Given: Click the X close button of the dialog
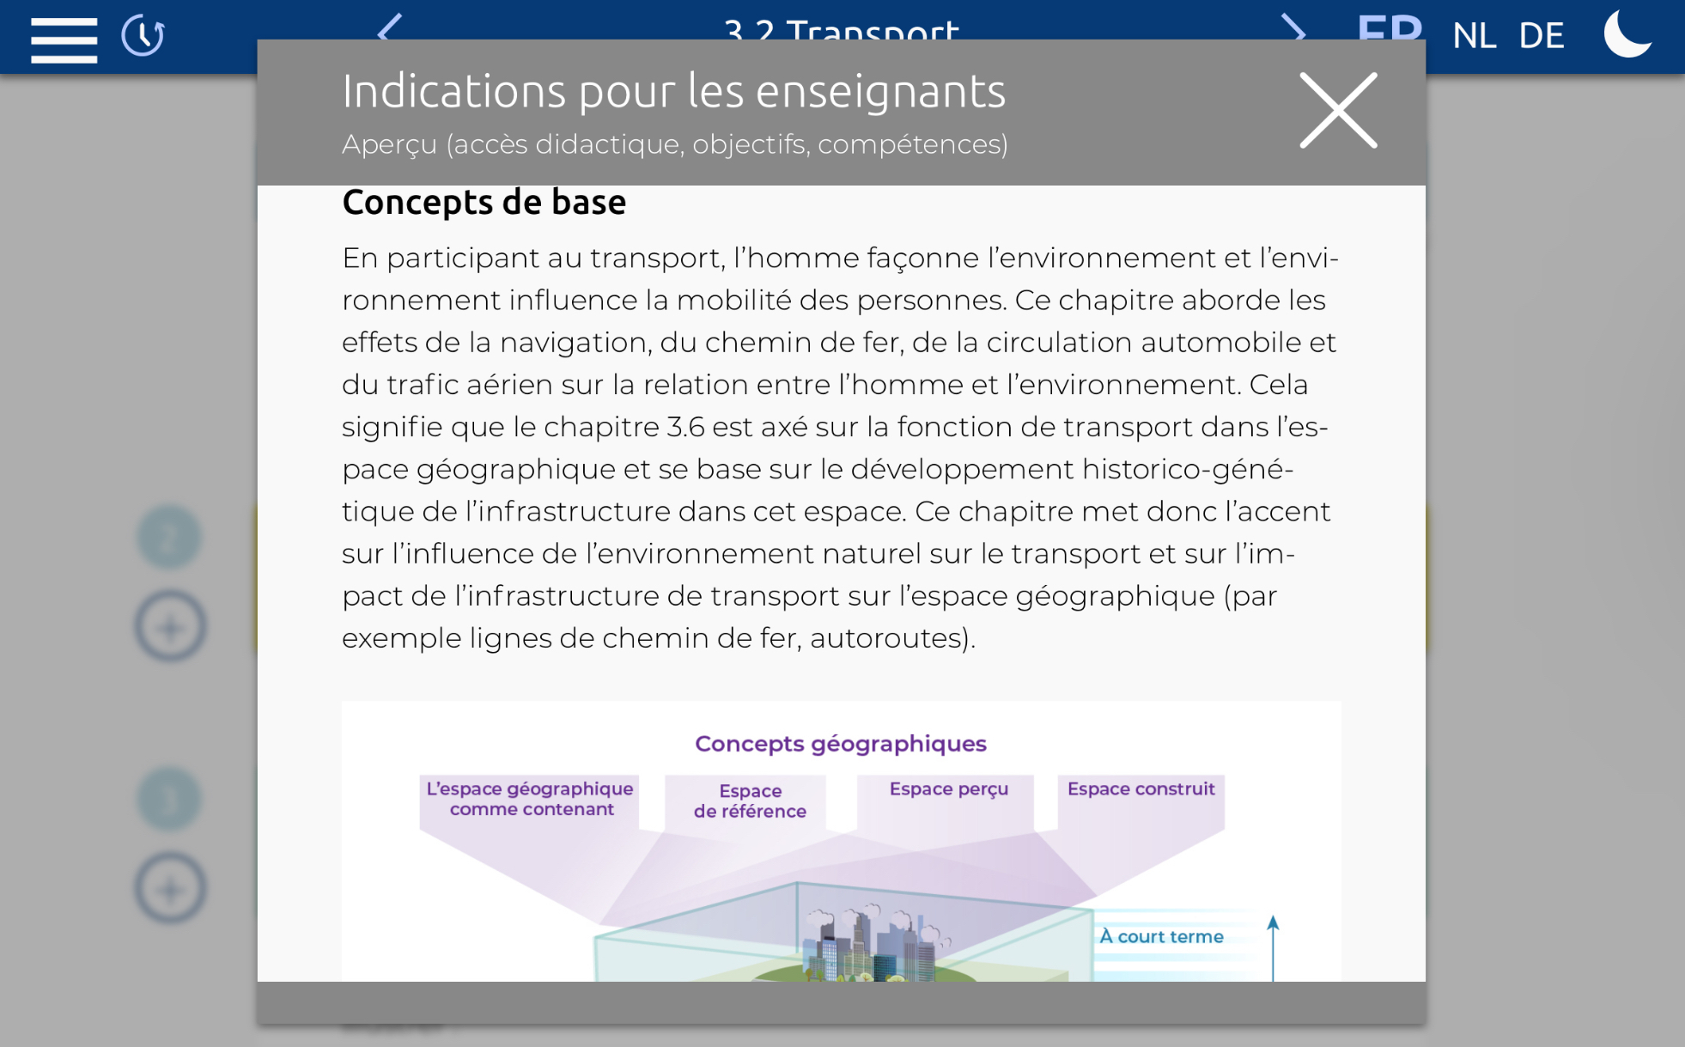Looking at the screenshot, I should coord(1337,110).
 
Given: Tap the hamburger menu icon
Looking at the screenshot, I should coord(64,39).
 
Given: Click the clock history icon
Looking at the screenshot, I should coord(143,36).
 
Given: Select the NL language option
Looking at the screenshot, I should coord(1474,36).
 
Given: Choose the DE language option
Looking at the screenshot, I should coord(1541,36).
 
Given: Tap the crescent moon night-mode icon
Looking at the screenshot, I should coord(1627,34).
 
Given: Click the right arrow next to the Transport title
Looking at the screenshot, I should coord(1293,31).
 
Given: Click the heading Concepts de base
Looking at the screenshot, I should coord(484,203).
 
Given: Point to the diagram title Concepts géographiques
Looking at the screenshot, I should coord(840,744).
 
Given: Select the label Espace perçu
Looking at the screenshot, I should coord(948,788).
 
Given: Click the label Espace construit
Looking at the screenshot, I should coord(1141,788).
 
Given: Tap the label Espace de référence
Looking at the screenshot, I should coord(750,800).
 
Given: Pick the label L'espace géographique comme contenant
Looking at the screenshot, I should coord(530,799).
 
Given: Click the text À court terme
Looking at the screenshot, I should coord(1161,936).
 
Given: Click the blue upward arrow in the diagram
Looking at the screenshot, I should coord(1273,945).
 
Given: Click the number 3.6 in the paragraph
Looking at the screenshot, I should coord(685,427).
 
